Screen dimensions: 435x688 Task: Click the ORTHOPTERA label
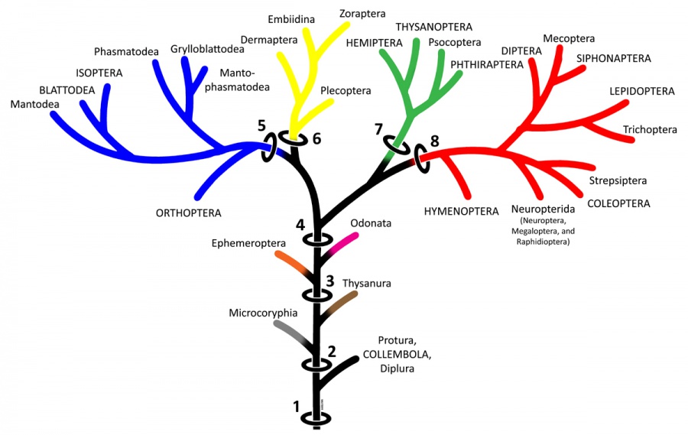coord(188,213)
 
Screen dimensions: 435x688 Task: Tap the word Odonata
coord(371,223)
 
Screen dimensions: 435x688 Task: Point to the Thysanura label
coord(367,284)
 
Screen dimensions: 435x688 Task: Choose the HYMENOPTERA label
coord(460,207)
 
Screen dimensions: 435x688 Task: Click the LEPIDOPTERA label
coord(642,91)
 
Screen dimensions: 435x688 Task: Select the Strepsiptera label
coord(618,181)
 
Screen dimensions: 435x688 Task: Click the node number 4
coord(301,225)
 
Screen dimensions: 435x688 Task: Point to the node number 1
coord(297,407)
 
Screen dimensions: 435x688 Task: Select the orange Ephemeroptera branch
coord(289,262)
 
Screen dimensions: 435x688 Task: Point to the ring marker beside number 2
coord(315,365)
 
